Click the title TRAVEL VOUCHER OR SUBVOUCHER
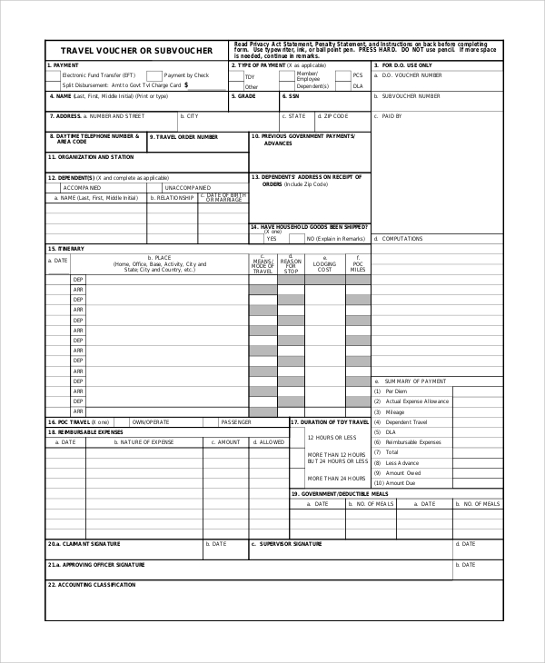pos(136,51)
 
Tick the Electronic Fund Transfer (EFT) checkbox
pos(57,75)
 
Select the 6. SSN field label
pos(292,95)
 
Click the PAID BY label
pos(391,116)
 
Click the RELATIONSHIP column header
pos(173,197)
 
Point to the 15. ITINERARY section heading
pos(66,248)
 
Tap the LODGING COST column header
pos(324,265)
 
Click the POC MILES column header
pos(359,265)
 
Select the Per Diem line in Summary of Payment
pos(396,391)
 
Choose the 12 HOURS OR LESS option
pos(327,438)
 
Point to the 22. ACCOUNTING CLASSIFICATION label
pos(92,585)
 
